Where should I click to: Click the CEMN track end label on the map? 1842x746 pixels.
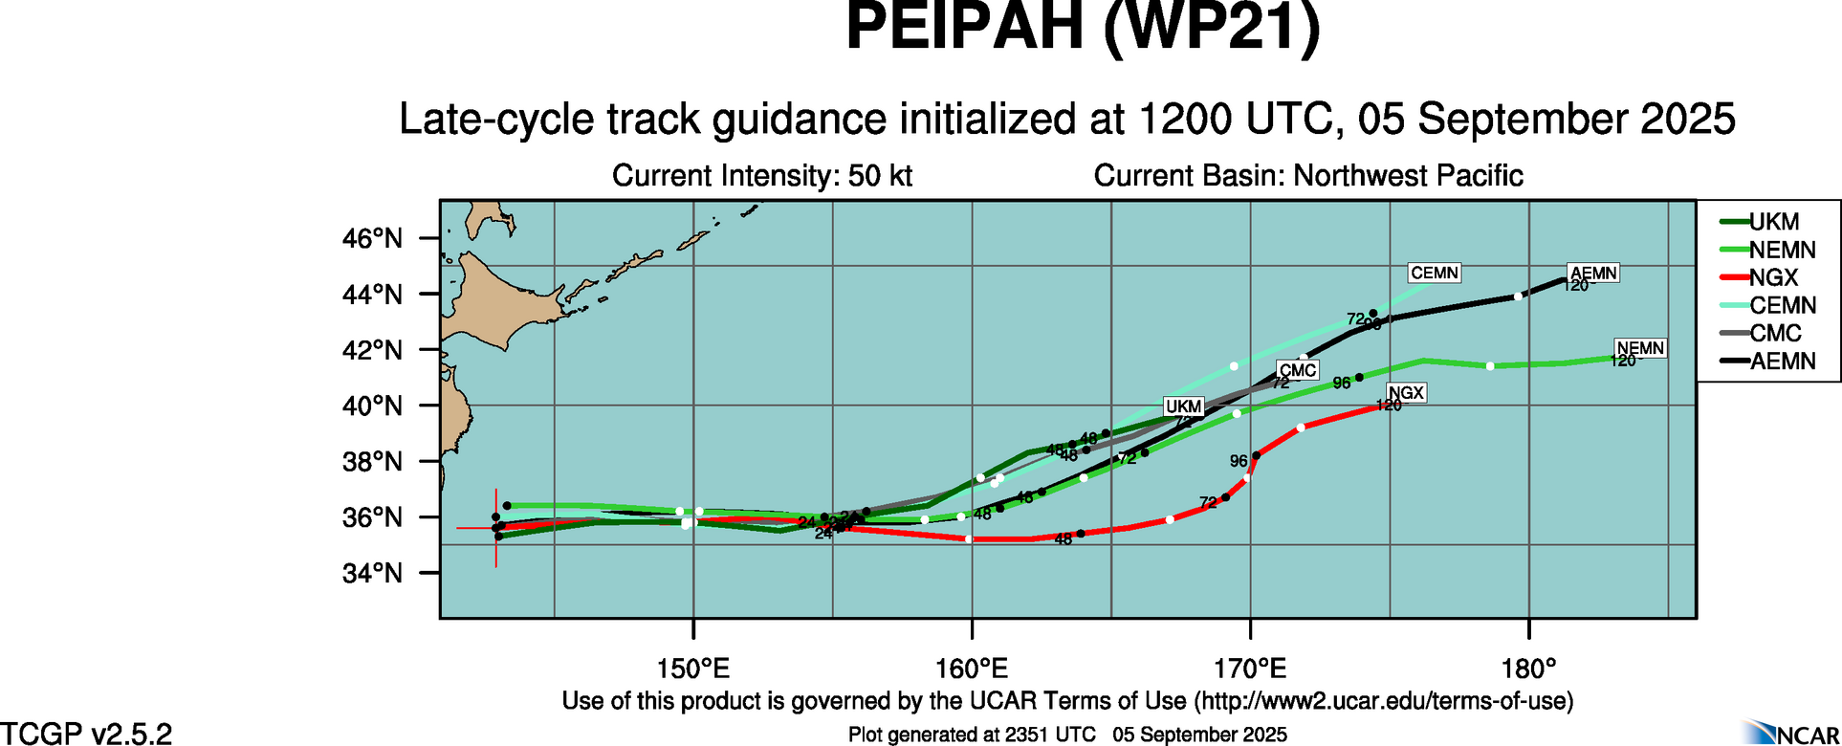click(x=1435, y=273)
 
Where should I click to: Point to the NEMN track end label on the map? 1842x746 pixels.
click(x=1640, y=348)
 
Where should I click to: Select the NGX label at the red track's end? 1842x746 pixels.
click(x=1406, y=392)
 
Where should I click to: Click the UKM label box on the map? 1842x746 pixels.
click(x=1183, y=406)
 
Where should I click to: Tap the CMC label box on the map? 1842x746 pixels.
click(x=1298, y=370)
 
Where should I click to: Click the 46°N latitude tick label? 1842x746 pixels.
click(x=372, y=238)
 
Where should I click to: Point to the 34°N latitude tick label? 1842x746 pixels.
click(x=372, y=573)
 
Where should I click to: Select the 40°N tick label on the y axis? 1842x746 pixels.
click(x=372, y=406)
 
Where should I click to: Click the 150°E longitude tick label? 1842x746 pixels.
click(x=692, y=667)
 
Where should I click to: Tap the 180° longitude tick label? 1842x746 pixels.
click(x=1529, y=667)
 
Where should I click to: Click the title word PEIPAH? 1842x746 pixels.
click(x=964, y=29)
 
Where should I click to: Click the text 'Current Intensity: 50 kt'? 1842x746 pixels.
click(x=761, y=176)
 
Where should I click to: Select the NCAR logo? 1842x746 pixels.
click(x=1788, y=733)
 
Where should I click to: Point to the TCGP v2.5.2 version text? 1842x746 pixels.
click(x=86, y=734)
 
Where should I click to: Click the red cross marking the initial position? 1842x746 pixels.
click(x=495, y=528)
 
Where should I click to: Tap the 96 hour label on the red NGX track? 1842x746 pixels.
click(x=1239, y=461)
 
